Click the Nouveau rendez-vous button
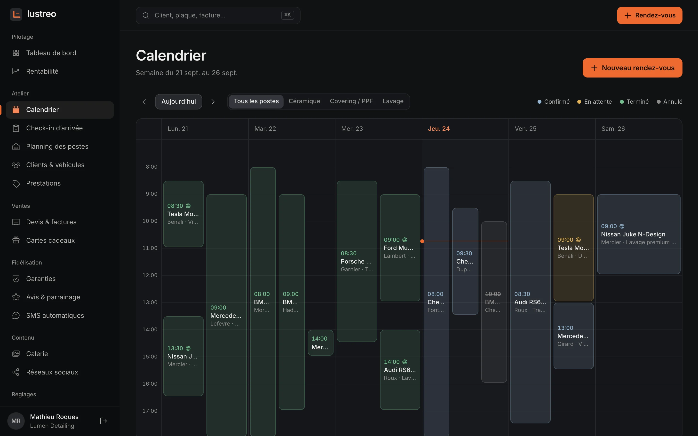tap(632, 68)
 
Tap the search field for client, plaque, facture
tap(218, 15)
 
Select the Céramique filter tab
tap(304, 101)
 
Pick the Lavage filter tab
tap(393, 101)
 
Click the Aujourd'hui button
tap(179, 101)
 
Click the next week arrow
tap(213, 102)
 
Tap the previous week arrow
tap(144, 102)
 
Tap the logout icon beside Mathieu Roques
tap(103, 421)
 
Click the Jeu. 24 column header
tap(439, 129)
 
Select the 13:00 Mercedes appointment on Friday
tap(573, 336)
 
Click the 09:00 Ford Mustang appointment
tap(400, 248)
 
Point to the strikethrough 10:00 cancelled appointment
tap(494, 302)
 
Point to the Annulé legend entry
tap(669, 101)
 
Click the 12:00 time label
tap(150, 275)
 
